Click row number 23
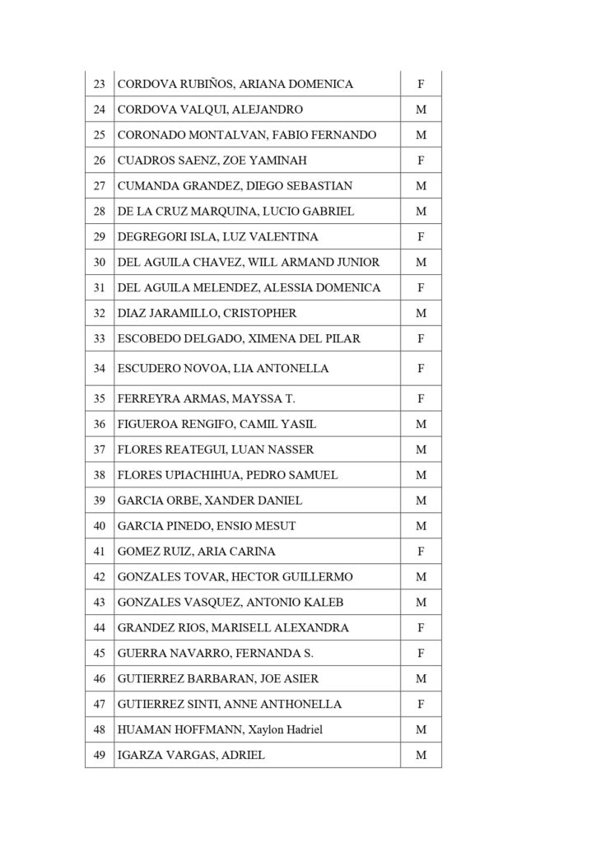(x=99, y=84)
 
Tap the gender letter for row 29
(x=421, y=237)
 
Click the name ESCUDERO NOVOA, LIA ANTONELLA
(x=223, y=369)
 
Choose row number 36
(x=99, y=425)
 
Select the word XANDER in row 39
(x=228, y=501)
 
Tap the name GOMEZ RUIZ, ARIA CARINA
(x=197, y=552)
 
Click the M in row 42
(x=421, y=577)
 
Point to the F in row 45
(x=421, y=654)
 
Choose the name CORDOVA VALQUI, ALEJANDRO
(x=198, y=109)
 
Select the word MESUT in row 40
(x=277, y=526)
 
